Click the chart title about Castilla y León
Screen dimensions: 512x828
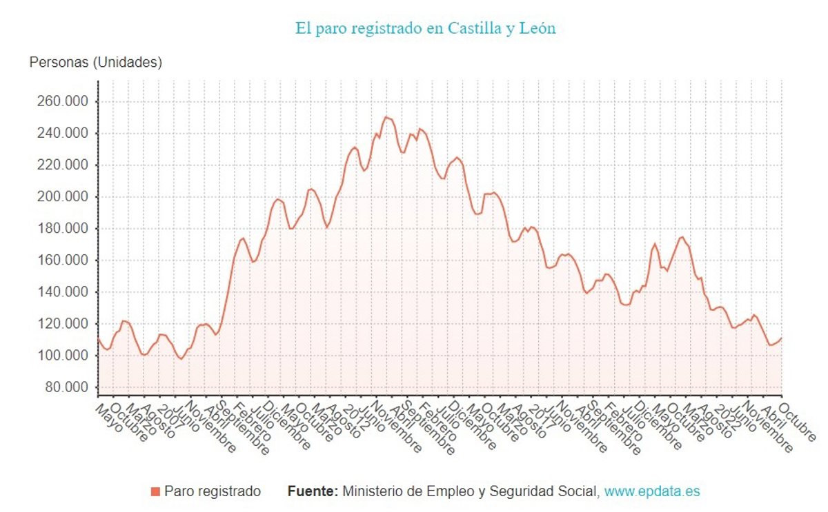pos(425,28)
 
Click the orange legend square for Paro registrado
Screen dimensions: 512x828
pos(155,491)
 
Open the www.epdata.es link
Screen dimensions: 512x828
pos(652,491)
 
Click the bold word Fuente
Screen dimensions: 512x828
pos(312,491)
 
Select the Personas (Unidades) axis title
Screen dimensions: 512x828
pos(96,63)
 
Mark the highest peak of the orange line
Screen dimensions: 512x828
pos(386,117)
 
